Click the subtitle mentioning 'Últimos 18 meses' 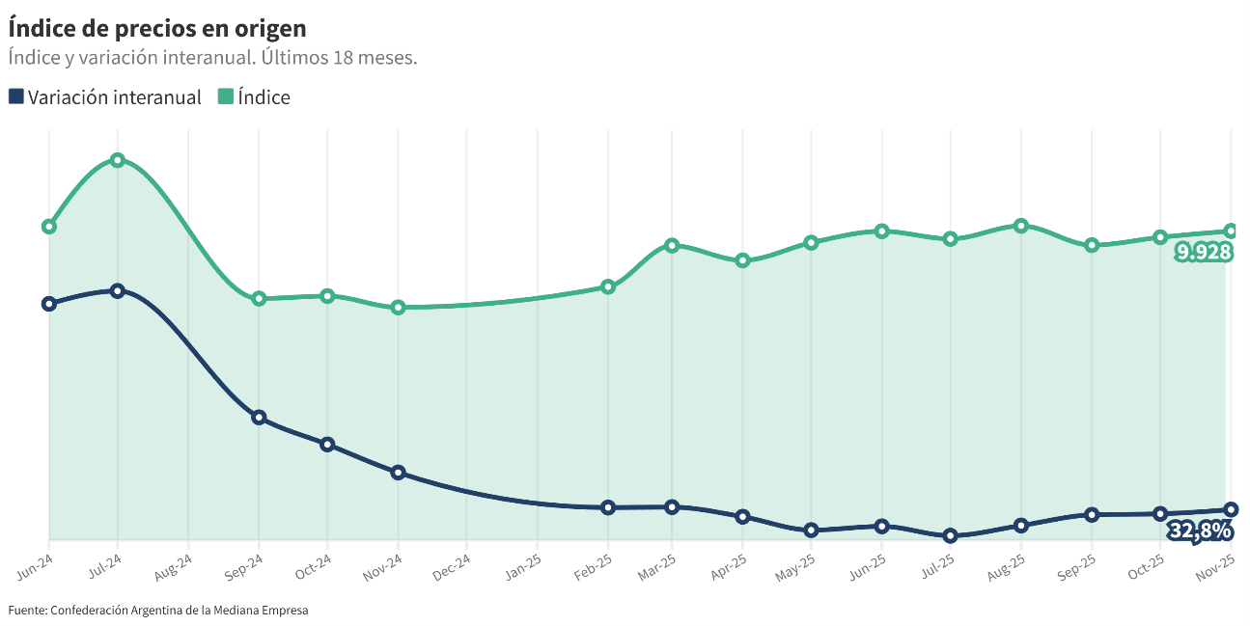(212, 58)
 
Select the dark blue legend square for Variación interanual (16, 96)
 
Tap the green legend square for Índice (226, 96)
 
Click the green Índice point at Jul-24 (118, 160)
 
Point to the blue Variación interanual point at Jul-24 (118, 290)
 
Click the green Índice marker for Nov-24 (398, 308)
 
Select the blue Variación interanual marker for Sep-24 (259, 418)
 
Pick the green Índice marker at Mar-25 (672, 245)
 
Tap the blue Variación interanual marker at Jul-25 (950, 535)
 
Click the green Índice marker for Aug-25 (1020, 226)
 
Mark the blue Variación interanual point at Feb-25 (608, 507)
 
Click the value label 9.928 (1203, 253)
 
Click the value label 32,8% (1200, 531)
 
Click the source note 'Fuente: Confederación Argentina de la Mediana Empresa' (158, 611)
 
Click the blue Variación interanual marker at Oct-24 (327, 445)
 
